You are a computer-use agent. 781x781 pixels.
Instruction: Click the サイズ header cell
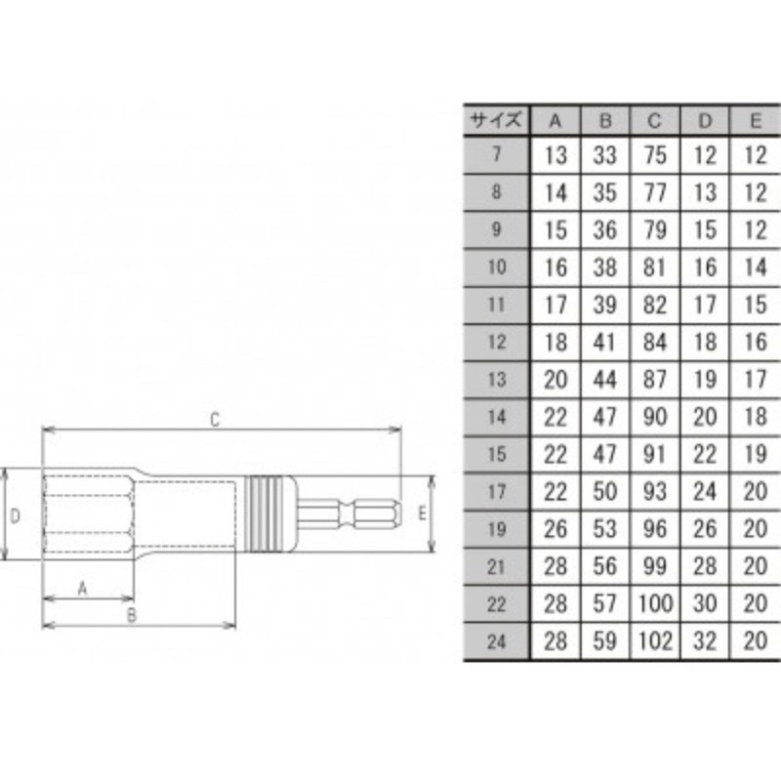(496, 120)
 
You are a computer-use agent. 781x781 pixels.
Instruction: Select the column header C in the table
(654, 121)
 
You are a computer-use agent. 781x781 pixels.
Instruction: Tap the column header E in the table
(755, 121)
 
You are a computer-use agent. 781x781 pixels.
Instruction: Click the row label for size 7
(496, 154)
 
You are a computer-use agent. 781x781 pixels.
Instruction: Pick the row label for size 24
(496, 641)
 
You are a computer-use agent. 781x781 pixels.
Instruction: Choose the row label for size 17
(496, 492)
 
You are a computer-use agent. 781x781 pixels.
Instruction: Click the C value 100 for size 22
(654, 603)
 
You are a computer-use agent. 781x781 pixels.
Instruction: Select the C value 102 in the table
(654, 641)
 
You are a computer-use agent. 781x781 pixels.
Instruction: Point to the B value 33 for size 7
(604, 155)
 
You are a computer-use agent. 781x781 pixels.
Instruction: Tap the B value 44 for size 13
(604, 380)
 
